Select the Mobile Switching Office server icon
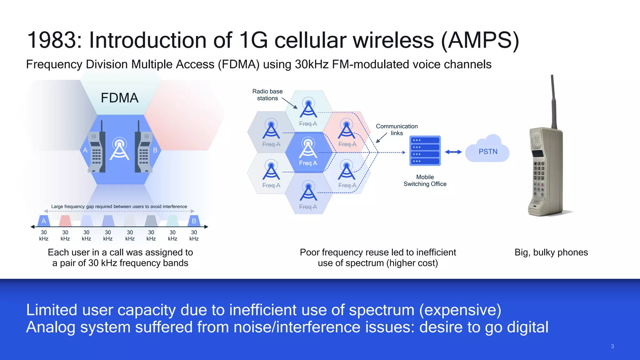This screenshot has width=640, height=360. point(425,151)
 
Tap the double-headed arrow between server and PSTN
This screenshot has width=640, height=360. point(453,152)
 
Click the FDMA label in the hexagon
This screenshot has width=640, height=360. point(119,98)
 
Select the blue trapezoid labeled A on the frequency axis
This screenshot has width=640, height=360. point(44,221)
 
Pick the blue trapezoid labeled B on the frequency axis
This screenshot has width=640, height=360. point(194,221)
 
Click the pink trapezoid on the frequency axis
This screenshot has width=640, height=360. point(65,221)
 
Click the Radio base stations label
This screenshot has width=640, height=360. point(267,95)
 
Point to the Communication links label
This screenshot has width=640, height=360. point(397,129)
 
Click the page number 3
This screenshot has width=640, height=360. point(612,346)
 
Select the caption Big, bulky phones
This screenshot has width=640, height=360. point(551,252)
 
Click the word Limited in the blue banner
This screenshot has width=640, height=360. point(52,310)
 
